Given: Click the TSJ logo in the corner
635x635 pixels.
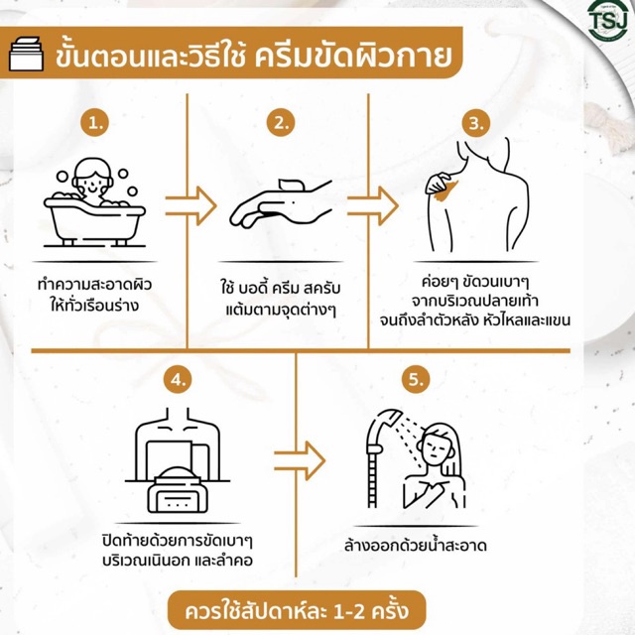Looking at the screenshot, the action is point(607,20).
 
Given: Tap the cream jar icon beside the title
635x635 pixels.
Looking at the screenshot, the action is point(26,54).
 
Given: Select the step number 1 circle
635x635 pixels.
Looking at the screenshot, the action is point(95,123).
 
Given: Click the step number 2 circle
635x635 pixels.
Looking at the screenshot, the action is point(281,123).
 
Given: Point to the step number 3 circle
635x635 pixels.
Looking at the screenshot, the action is point(476,123).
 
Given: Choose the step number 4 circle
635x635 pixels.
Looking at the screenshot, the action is point(179,379).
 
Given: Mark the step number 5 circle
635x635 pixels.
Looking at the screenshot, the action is point(416,379).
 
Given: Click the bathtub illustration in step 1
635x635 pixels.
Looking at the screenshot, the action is point(94,220).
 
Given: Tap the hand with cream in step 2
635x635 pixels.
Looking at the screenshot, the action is point(282,202).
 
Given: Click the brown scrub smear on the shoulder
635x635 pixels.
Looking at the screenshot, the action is point(446,190).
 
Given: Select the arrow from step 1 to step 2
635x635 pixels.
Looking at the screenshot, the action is point(190,206).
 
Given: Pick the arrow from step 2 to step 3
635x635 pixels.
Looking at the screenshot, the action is point(373,206).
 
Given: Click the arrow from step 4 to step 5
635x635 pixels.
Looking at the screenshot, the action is point(300,460).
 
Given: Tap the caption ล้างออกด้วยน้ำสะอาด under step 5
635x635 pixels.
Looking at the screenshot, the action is point(416,546).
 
